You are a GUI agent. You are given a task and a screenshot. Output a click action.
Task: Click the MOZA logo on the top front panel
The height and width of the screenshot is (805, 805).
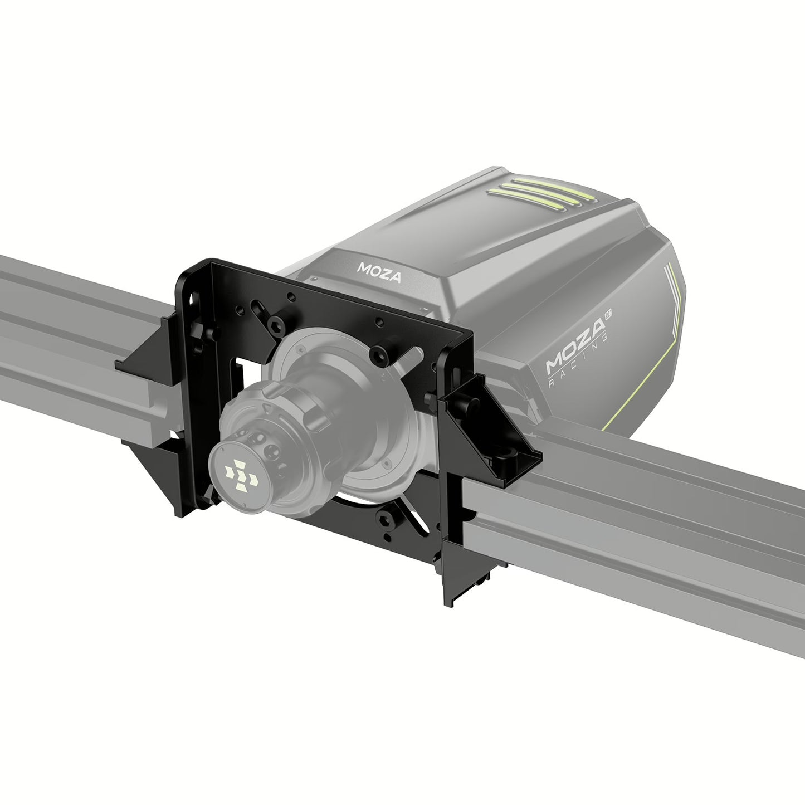378,271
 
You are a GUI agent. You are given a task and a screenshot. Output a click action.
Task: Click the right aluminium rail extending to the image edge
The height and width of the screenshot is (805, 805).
669,535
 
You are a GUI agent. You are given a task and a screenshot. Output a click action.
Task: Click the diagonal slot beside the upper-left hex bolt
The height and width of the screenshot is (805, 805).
259,308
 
